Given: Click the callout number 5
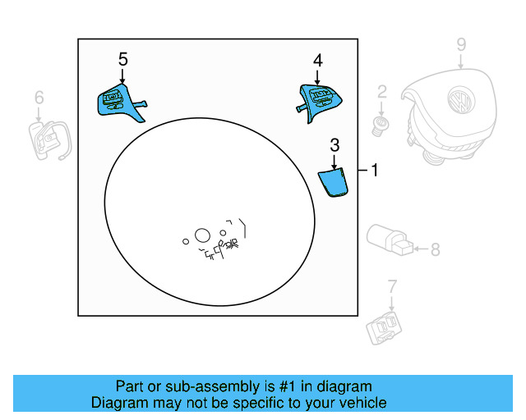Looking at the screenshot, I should coord(123,59).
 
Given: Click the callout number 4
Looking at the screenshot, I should coord(318,59).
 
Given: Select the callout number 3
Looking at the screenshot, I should coord(335,145).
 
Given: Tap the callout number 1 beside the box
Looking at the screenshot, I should coord(374,171).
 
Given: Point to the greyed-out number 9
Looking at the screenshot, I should coord(461,44).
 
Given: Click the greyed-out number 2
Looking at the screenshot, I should coord(381,90).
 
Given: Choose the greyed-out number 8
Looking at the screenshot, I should coord(435,249).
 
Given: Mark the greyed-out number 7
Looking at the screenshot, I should coord(392,286).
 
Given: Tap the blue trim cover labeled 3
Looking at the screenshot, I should coord(334,182).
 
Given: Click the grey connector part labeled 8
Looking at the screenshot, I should coord(390,238).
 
